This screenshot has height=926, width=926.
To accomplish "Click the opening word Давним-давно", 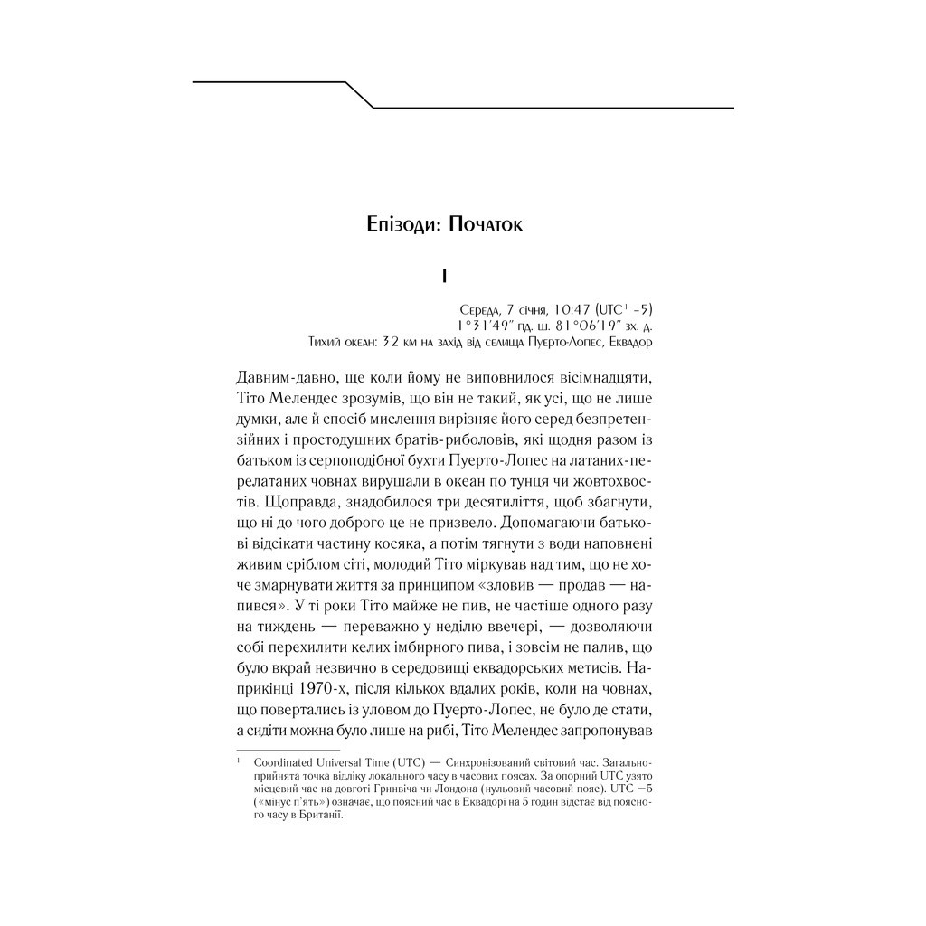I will (282, 374).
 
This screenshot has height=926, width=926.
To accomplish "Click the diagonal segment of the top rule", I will (360, 95).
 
